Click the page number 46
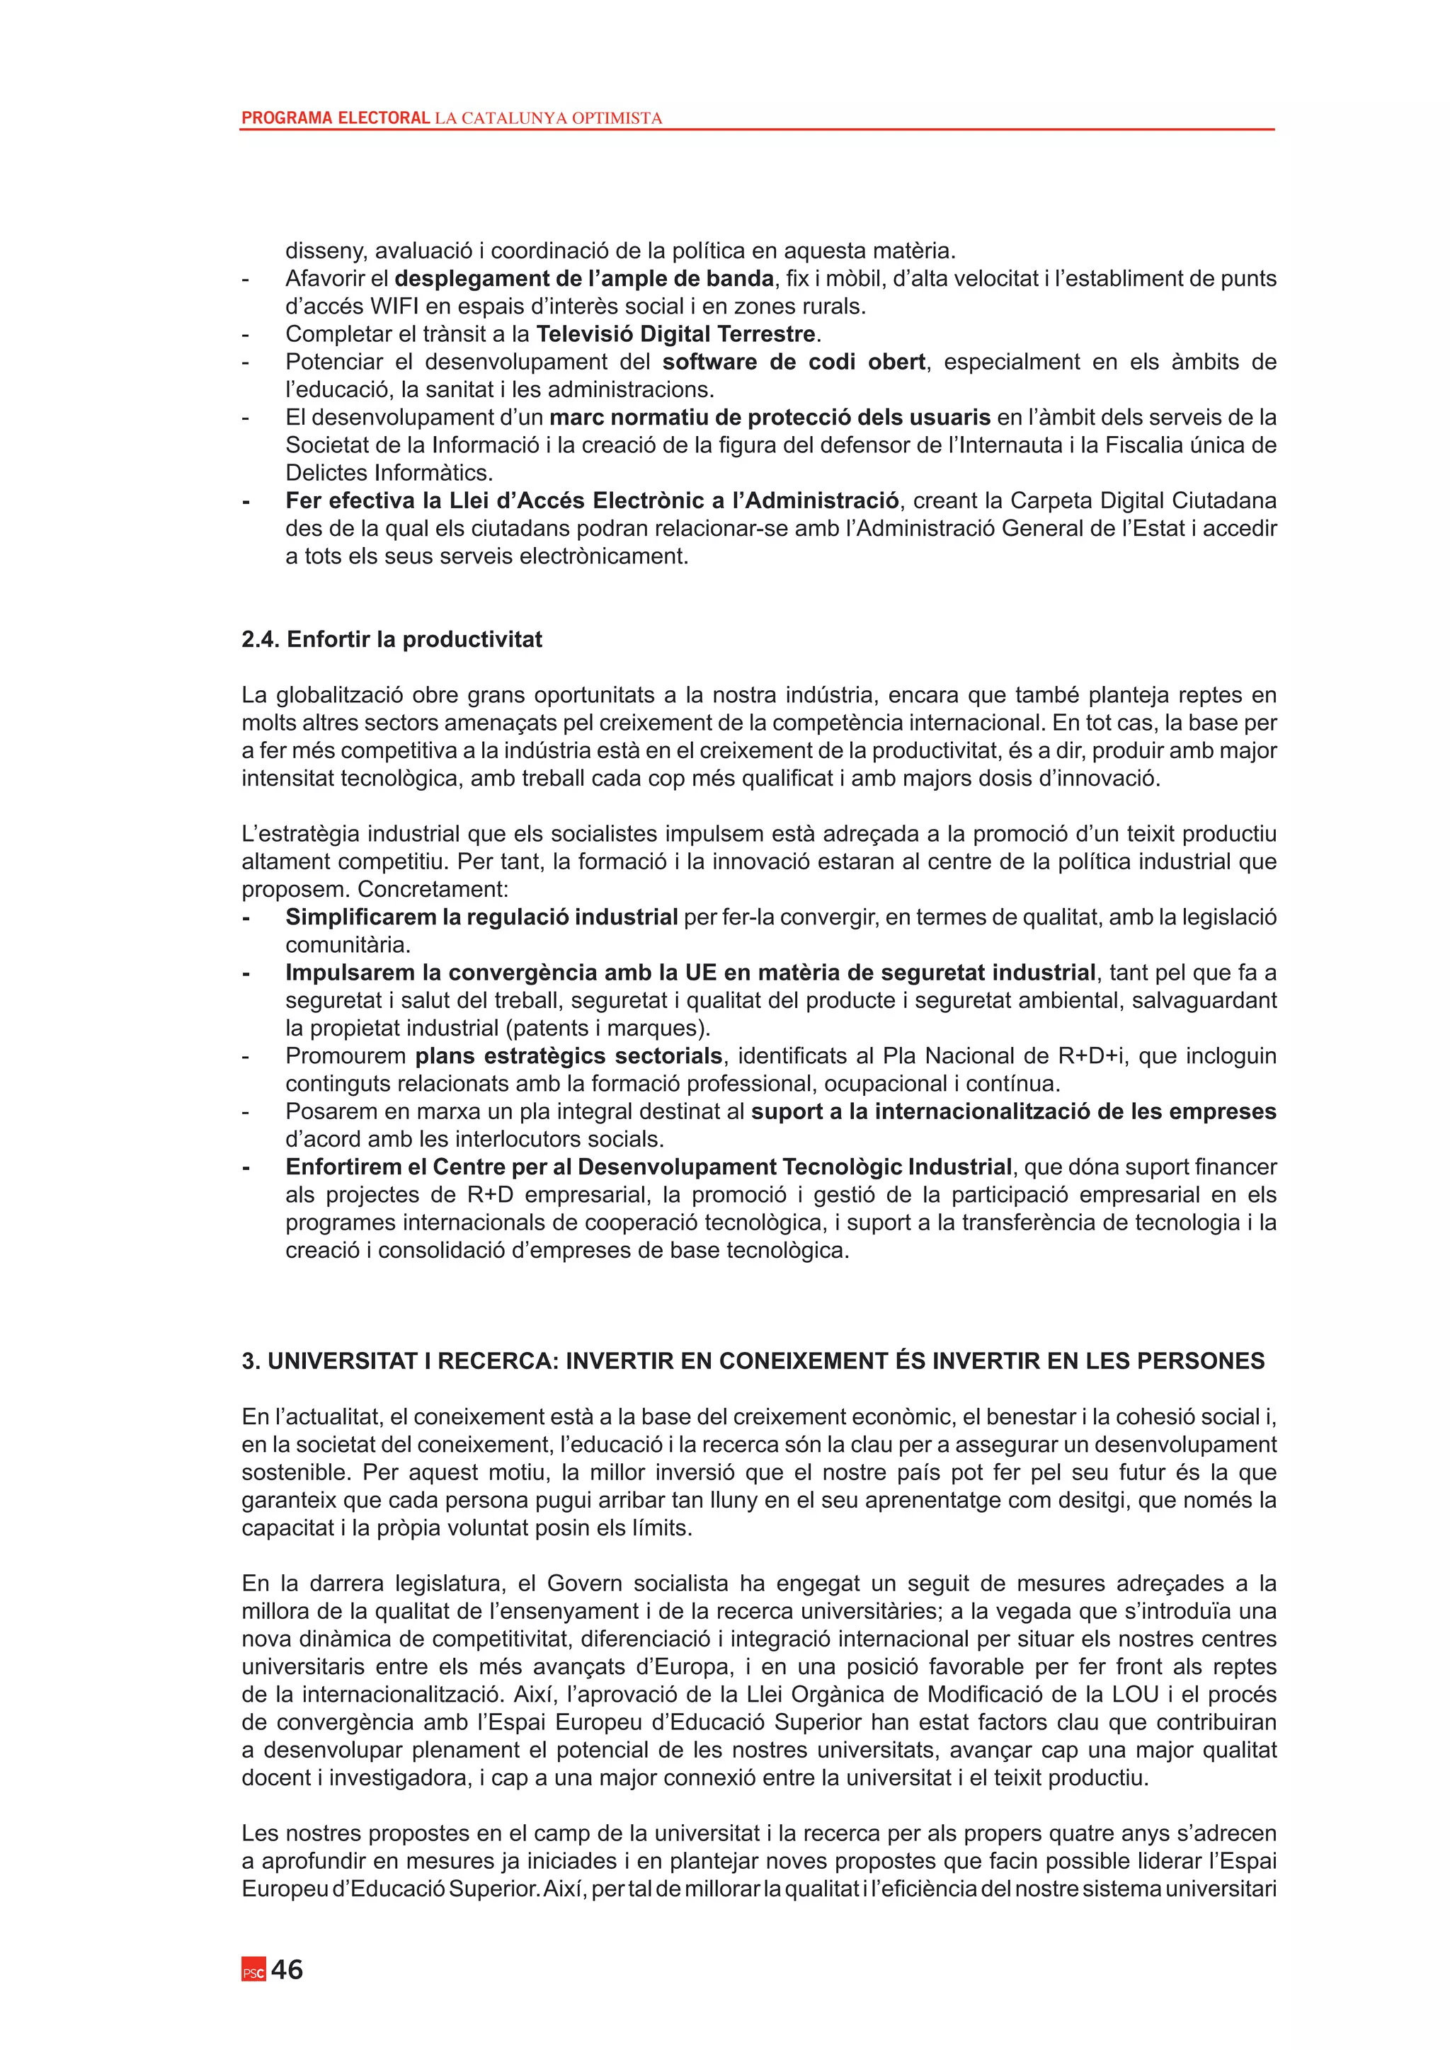pos(287,1969)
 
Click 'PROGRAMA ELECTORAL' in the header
pos(336,118)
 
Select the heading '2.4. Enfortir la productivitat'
pos(392,639)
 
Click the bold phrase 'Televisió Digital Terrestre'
pos(676,334)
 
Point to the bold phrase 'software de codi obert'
pos(793,362)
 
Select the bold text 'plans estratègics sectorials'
pos(569,1055)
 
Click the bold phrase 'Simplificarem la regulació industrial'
pos(481,917)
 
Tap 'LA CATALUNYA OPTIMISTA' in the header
pos(548,118)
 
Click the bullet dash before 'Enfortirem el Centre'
pos(246,1167)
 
